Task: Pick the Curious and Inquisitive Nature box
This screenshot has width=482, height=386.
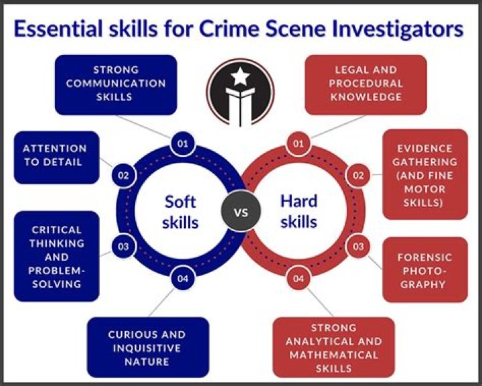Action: click(148, 347)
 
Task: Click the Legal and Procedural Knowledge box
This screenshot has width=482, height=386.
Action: click(366, 84)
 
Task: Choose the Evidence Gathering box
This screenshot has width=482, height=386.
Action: click(425, 174)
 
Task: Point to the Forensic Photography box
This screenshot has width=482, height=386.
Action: click(425, 270)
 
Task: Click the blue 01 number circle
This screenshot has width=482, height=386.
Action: click(181, 143)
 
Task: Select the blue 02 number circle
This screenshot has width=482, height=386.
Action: click(123, 176)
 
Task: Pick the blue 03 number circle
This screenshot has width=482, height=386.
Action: click(123, 247)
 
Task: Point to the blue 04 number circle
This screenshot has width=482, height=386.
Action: click(181, 279)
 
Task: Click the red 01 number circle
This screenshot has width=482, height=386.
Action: click(299, 143)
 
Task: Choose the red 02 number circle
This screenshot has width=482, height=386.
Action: click(358, 176)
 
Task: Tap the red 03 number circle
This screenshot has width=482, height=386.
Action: click(358, 247)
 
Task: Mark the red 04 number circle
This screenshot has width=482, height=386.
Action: click(299, 279)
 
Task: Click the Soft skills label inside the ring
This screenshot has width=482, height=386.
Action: click(181, 211)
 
